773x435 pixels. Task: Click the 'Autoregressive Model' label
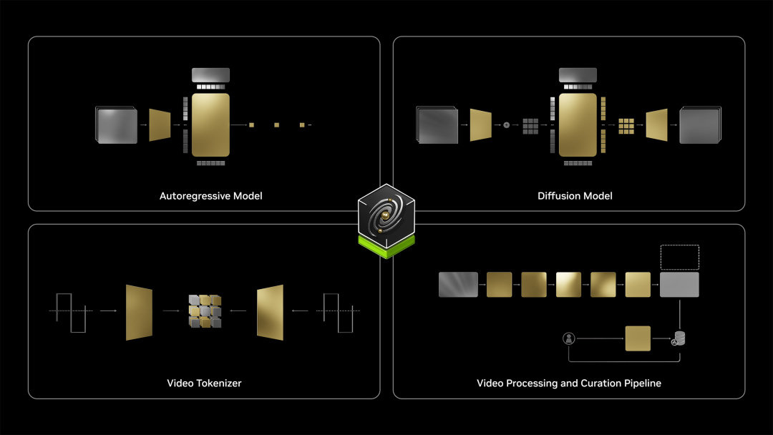pos(210,196)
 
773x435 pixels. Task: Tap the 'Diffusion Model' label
pos(575,196)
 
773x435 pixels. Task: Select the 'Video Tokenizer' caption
pos(204,383)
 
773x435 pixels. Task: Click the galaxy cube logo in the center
pos(386,216)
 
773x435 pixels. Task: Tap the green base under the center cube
pos(386,248)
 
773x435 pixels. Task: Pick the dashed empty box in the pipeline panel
pos(679,257)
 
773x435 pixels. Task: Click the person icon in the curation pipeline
pos(569,338)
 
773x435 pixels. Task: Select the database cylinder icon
pos(679,338)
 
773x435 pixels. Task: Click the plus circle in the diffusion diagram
pos(506,125)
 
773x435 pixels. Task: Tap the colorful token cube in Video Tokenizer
pos(205,311)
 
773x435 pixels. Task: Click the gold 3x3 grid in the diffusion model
pos(626,126)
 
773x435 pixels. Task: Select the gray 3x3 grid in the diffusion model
pos(530,126)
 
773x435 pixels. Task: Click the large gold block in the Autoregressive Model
pos(210,124)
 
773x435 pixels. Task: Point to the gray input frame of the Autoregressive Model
pos(117,126)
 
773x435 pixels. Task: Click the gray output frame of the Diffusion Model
pos(700,125)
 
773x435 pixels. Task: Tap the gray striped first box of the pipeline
pos(458,285)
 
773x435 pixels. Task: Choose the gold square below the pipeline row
pos(638,338)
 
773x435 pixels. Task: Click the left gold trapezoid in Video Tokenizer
pos(139,313)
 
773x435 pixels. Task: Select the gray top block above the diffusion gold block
pos(578,75)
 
